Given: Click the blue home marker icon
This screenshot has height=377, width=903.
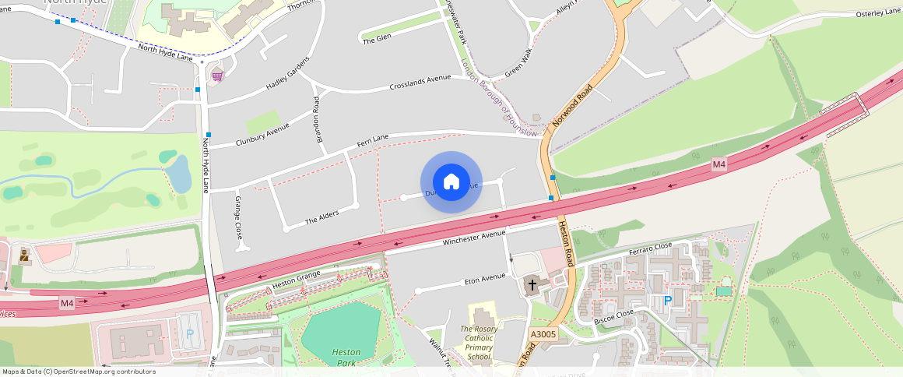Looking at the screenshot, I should click(x=451, y=182).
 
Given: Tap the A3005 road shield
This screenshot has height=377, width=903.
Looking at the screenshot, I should click(x=543, y=333).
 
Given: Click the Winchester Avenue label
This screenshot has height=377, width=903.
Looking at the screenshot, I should click(x=474, y=238).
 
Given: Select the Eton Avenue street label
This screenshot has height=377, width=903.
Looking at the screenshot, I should click(x=484, y=279).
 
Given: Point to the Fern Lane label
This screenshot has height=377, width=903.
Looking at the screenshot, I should click(x=372, y=141).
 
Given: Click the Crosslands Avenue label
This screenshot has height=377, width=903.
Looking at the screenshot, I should click(x=420, y=81).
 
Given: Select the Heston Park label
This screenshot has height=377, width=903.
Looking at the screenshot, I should click(x=346, y=358).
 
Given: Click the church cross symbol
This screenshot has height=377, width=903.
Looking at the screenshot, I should click(x=533, y=284).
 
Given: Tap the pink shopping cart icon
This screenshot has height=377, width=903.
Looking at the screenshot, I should click(x=217, y=76).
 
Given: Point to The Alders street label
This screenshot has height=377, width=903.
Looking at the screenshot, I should click(x=321, y=217).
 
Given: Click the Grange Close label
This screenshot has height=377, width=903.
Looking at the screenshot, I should click(x=239, y=217).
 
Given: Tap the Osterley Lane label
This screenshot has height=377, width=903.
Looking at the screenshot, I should click(x=878, y=12).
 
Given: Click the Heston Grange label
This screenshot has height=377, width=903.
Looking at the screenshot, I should click(x=297, y=279).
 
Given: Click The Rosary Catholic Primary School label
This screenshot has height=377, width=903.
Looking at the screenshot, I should click(x=480, y=343).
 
